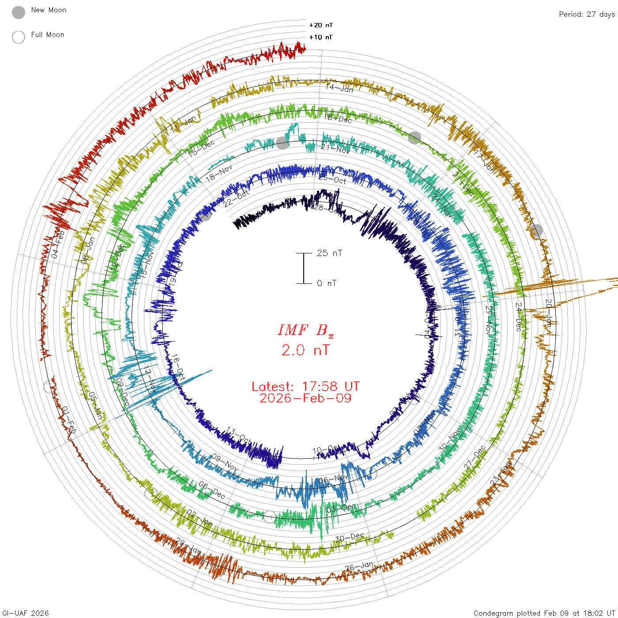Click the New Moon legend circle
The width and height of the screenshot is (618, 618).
click(19, 12)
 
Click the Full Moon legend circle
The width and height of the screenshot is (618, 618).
click(19, 37)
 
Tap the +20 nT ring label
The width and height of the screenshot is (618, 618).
click(321, 25)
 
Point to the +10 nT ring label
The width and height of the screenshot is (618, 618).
click(321, 37)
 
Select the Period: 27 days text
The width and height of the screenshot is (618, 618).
click(587, 14)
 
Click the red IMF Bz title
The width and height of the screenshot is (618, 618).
click(305, 330)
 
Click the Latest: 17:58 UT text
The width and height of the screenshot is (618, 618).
click(305, 387)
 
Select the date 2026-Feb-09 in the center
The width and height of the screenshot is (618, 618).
click(305, 398)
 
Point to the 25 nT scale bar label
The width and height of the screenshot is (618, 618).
click(329, 253)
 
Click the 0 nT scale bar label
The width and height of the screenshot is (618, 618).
click(327, 283)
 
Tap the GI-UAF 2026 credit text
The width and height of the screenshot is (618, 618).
click(26, 613)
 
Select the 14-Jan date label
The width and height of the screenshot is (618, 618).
click(339, 88)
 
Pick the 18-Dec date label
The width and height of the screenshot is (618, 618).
click(338, 118)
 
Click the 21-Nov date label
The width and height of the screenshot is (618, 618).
click(335, 149)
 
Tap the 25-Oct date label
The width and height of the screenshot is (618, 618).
click(332, 179)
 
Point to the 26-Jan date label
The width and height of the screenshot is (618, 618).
click(359, 566)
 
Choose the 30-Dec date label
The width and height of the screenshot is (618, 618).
click(350, 537)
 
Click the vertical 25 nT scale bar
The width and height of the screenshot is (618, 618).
click(304, 268)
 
